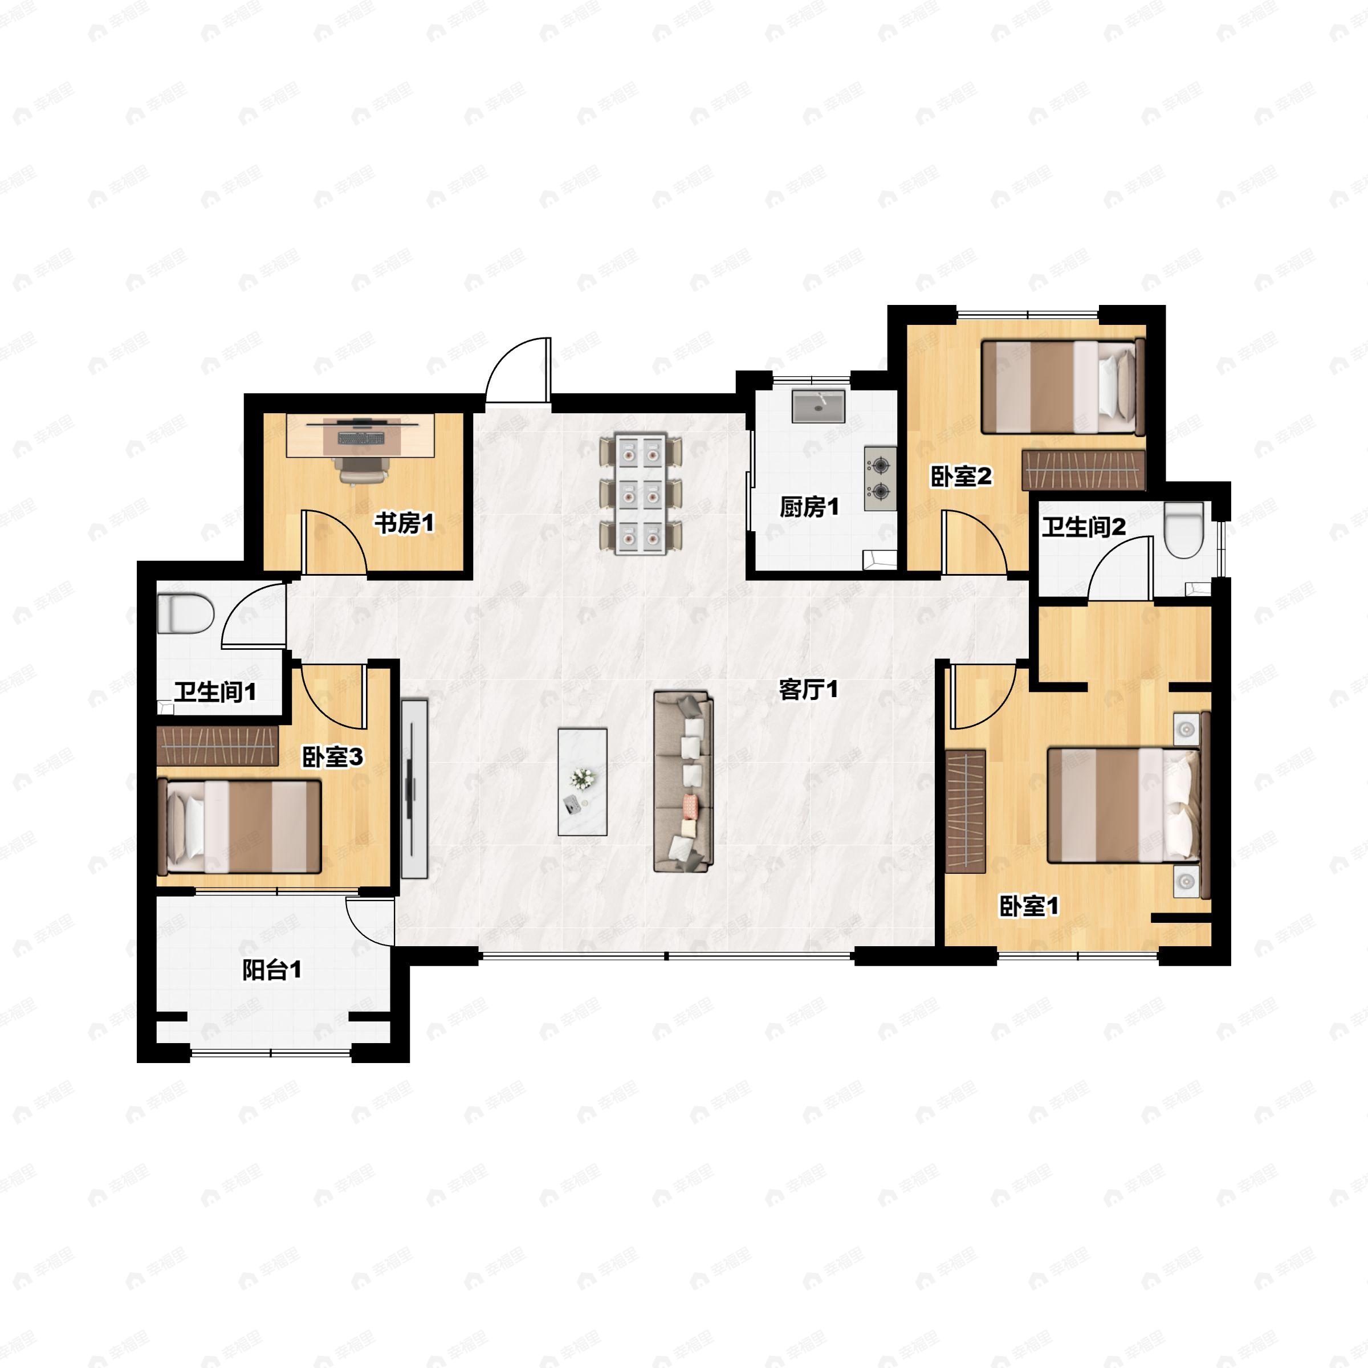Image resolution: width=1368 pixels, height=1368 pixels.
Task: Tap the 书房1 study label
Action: [x=404, y=524]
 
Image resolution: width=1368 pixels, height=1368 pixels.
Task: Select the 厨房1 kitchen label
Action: [x=809, y=507]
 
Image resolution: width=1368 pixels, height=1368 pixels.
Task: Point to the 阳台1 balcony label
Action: [x=272, y=970]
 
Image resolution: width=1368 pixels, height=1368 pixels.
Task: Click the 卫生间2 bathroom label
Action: [x=1084, y=527]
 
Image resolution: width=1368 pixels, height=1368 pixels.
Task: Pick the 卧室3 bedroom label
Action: [x=333, y=757]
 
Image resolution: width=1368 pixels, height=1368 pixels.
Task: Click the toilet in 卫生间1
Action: [x=185, y=614]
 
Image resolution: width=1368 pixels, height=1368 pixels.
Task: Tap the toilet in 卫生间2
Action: [x=1184, y=530]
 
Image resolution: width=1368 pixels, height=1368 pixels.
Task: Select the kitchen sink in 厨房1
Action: [x=819, y=406]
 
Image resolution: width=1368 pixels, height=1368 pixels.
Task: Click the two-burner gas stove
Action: [x=880, y=478]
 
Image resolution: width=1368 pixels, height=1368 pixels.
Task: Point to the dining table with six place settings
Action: [x=641, y=493]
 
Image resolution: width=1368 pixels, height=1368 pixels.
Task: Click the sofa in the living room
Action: [x=683, y=781]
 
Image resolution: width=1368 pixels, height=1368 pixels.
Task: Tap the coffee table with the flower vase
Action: [x=582, y=781]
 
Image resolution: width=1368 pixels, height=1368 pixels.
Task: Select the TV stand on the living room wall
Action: [x=415, y=789]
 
